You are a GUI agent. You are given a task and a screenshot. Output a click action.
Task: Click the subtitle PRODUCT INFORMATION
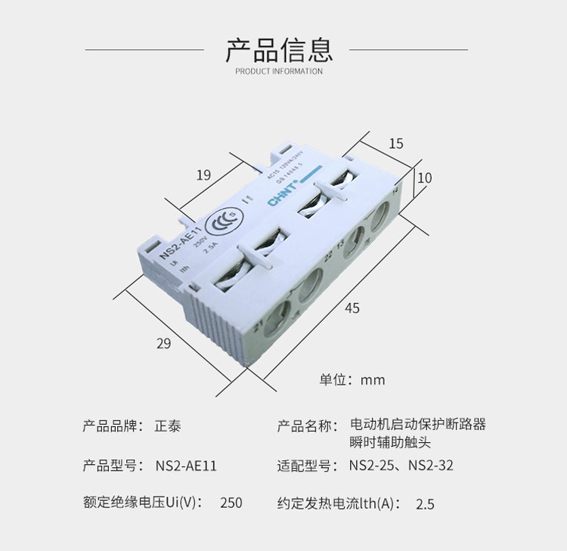click(279, 72)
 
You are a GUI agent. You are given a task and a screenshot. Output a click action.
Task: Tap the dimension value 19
click(203, 175)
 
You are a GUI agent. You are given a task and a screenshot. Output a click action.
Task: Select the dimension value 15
click(396, 144)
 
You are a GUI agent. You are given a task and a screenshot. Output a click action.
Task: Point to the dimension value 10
click(424, 178)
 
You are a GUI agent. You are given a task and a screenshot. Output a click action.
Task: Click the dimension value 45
click(352, 308)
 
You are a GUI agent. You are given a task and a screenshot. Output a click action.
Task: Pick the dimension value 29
click(163, 343)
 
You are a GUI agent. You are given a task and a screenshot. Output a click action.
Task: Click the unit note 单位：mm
click(352, 379)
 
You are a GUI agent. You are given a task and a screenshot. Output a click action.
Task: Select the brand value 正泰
click(168, 426)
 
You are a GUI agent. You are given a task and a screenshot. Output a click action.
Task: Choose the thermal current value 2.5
click(425, 504)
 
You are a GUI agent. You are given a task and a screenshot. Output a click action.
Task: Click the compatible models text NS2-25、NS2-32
click(401, 466)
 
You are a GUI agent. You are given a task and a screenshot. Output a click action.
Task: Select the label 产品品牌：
click(113, 426)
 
